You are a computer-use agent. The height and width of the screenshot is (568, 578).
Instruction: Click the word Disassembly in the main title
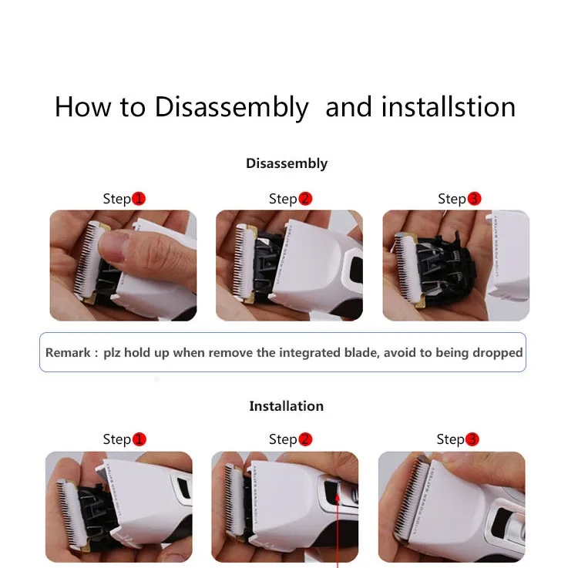point(231,107)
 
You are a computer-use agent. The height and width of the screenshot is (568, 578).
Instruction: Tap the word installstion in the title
point(448,107)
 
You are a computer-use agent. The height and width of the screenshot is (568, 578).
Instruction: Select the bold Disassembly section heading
point(287,163)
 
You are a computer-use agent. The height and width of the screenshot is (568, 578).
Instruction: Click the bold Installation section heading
point(287,406)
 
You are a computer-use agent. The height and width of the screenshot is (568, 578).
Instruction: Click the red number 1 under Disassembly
point(139,199)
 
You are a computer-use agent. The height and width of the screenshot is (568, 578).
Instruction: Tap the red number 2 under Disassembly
point(305,199)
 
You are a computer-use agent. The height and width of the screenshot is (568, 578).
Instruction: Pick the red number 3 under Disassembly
point(474,199)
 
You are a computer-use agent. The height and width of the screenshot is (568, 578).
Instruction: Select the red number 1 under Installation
point(139,439)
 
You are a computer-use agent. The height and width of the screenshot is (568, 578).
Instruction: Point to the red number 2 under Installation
point(305,439)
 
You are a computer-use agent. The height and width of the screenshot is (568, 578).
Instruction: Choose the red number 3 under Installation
point(472,439)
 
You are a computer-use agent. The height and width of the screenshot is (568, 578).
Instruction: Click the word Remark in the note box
point(68,352)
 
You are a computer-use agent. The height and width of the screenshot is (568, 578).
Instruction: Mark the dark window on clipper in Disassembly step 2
point(356,269)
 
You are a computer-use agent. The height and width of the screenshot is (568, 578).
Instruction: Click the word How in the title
point(82,107)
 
